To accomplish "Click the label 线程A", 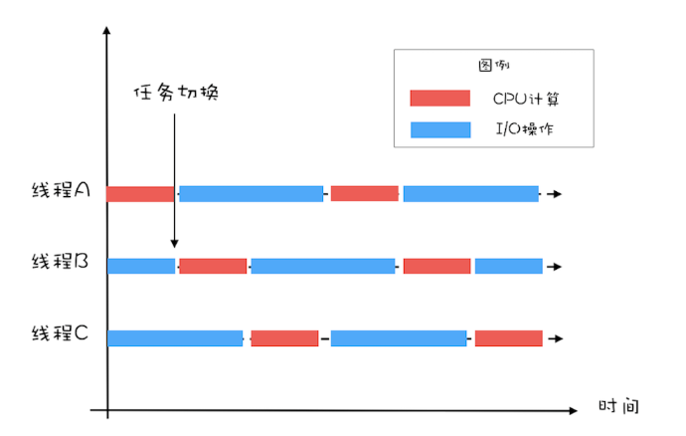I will tap(62, 192).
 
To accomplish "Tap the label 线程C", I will tap(62, 332).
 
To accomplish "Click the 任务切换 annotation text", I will tap(175, 94).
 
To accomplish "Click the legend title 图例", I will tap(493, 66).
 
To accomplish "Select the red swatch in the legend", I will tap(439, 98).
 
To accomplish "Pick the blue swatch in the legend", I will tap(439, 128).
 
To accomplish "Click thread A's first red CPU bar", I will tap(140, 193).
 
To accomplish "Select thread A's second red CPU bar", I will tap(364, 193).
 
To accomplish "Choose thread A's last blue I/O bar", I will tap(470, 193).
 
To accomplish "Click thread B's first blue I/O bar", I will tap(140, 266).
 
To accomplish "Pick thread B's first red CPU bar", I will tap(213, 266).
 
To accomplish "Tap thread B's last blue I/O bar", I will tap(508, 266).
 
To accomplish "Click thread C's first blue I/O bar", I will tap(175, 337).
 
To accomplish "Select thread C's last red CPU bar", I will tap(508, 337).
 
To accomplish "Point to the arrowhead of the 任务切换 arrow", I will tap(175, 242).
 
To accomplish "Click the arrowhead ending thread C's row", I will tap(559, 338).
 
